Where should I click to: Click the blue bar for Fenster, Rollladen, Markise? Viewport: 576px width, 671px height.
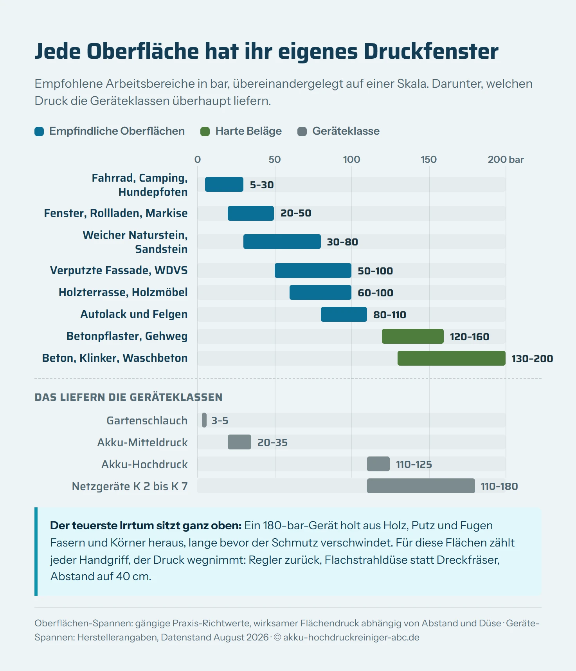pos(251,213)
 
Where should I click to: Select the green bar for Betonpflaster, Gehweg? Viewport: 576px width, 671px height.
pos(413,336)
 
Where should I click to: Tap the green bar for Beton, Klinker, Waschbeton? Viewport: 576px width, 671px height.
pos(452,358)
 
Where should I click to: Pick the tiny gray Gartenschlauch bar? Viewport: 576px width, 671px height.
pos(204,420)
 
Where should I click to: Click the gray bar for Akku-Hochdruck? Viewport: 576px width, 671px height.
pos(378,464)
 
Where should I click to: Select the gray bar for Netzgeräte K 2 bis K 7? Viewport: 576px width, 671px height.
pos(421,486)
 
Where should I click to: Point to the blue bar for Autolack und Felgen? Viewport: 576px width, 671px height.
pos(344,314)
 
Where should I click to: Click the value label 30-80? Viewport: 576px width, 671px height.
pos(342,242)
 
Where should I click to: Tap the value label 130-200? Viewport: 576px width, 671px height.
pos(532,359)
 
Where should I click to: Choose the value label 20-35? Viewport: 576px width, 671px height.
pos(272,442)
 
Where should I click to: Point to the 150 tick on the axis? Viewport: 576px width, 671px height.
pos(428,159)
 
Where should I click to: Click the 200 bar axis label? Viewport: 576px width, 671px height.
pos(506,159)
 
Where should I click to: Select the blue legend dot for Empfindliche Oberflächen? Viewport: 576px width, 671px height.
pos(39,132)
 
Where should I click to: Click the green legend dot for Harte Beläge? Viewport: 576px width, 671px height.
pos(205,132)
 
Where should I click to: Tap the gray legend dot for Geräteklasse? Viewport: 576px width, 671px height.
pos(302,132)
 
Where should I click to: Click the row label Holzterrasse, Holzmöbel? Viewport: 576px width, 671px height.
pos(123,292)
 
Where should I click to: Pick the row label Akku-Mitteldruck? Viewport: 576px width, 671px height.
pos(142,442)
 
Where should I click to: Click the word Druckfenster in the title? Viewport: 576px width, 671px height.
pos(431,51)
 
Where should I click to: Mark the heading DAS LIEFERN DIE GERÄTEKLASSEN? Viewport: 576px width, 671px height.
pos(128,397)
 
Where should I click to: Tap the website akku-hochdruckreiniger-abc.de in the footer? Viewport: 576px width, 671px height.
pos(351,637)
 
